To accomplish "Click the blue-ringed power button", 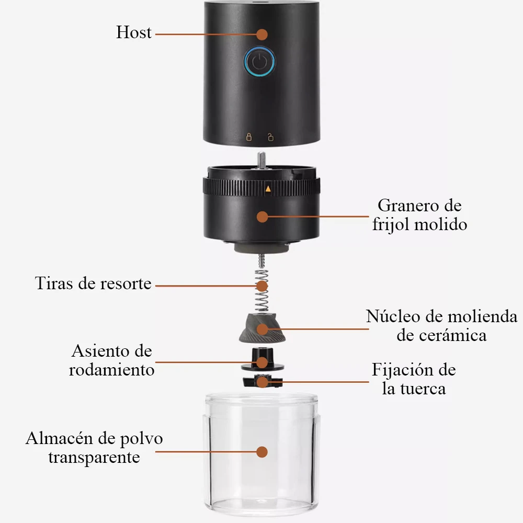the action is click(x=259, y=62).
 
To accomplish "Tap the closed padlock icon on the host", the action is click(x=249, y=137).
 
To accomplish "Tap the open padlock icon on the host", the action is click(x=270, y=137).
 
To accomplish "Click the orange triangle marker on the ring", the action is click(x=268, y=189).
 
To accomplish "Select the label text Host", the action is click(x=134, y=32).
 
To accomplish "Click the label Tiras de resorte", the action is click(x=93, y=283).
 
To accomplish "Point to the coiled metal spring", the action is click(x=262, y=290).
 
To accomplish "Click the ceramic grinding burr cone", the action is click(x=262, y=328).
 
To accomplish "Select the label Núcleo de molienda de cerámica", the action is click(x=441, y=325).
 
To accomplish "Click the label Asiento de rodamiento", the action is click(x=112, y=360).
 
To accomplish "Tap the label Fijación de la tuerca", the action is click(x=414, y=379).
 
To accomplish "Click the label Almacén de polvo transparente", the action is click(x=94, y=448).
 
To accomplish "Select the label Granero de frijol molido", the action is click(x=419, y=215).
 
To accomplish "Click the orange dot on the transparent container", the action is click(x=262, y=452).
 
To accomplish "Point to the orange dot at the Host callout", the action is click(x=262, y=35).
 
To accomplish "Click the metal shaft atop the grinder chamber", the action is click(x=262, y=160).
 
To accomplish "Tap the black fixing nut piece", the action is click(x=263, y=381).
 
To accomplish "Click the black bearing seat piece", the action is click(x=263, y=360).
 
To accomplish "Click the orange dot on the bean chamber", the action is click(x=263, y=217).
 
